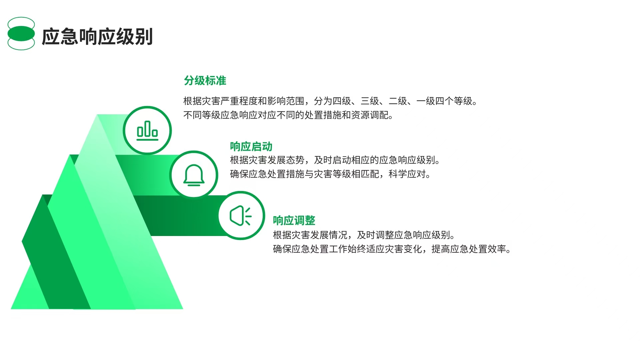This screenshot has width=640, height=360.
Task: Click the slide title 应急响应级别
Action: tap(97, 37)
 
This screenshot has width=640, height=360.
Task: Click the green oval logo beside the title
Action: tap(21, 34)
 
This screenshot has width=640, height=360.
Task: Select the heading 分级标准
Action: tap(205, 81)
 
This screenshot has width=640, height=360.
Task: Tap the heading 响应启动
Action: tap(251, 147)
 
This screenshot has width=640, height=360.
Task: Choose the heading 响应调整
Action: tap(294, 220)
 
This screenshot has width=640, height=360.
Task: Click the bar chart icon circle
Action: tap(147, 130)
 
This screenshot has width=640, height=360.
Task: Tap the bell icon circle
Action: tap(194, 175)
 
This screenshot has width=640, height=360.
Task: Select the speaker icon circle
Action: tap(241, 216)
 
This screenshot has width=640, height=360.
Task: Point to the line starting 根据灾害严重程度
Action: tap(330, 101)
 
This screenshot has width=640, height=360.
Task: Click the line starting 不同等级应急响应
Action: tap(288, 115)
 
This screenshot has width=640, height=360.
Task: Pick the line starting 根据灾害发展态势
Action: tap(335, 160)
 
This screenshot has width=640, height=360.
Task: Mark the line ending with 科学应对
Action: tap(330, 174)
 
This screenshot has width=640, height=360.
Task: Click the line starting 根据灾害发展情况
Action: tap(364, 235)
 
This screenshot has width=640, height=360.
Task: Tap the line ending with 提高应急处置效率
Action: tap(392, 249)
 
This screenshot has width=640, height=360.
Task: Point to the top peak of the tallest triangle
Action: tap(97, 115)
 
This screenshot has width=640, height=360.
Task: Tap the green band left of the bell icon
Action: tap(147, 175)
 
